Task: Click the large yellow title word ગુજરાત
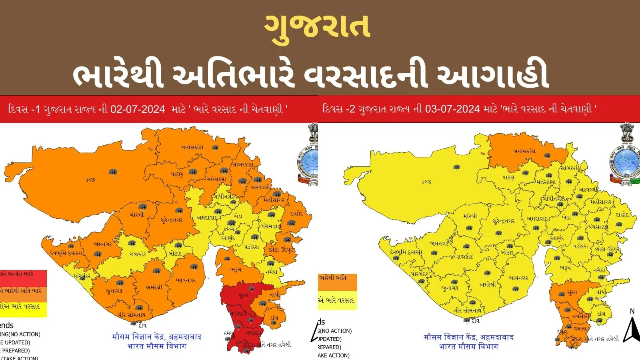(x=317, y=26)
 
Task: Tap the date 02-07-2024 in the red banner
(x=137, y=109)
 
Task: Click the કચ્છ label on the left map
(x=91, y=180)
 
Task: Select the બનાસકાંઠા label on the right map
(x=524, y=151)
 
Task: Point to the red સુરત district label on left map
(x=243, y=295)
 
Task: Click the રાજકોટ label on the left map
(x=137, y=254)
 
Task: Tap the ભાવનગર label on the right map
(x=518, y=278)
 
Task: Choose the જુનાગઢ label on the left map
(x=114, y=291)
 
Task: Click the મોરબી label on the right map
(x=470, y=216)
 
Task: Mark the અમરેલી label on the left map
(x=154, y=287)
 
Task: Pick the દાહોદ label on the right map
(x=622, y=215)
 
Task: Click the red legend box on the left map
(x=23, y=278)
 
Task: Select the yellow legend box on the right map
(x=337, y=300)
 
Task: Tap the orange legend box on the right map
(x=337, y=282)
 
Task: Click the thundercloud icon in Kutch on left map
(x=113, y=173)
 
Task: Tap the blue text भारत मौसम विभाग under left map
(x=157, y=346)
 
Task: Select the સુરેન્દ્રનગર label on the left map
(x=171, y=220)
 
